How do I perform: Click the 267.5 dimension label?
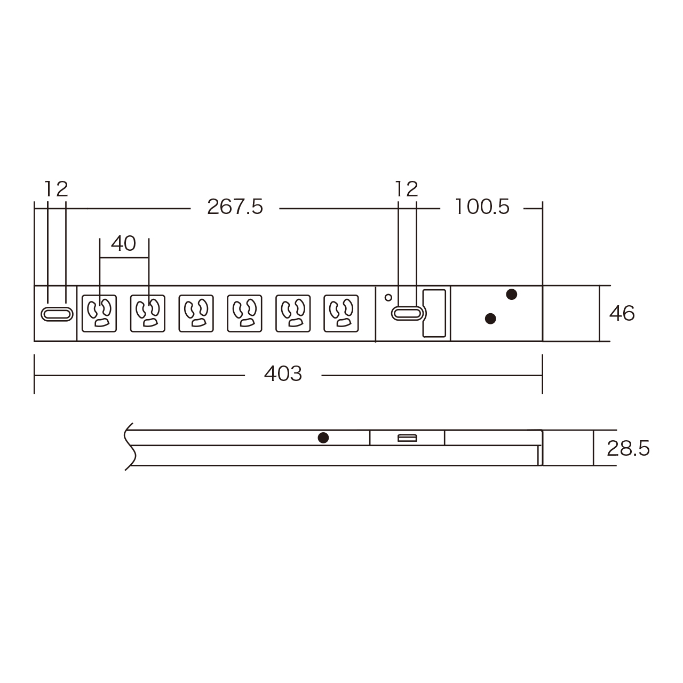point(235,207)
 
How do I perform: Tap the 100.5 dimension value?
point(482,207)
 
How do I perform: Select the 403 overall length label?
point(283,374)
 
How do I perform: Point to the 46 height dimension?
point(622,313)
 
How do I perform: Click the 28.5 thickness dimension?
point(628,449)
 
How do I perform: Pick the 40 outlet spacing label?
point(124,244)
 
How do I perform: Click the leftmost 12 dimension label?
point(56,189)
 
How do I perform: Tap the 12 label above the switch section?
point(407,189)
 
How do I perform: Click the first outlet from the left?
point(99,314)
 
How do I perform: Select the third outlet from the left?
point(196,314)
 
